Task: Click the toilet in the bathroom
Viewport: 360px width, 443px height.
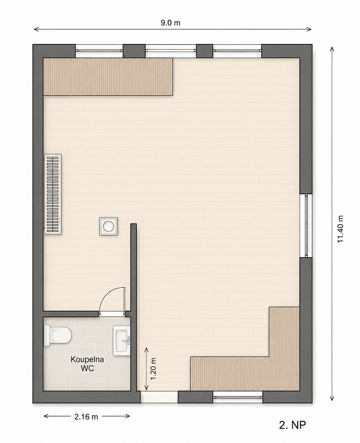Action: (57, 335)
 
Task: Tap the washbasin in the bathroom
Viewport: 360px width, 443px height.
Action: (122, 340)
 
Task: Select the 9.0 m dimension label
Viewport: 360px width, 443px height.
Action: (170, 23)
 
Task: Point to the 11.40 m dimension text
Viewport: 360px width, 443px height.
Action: (340, 229)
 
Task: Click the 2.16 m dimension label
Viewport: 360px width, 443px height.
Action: (86, 416)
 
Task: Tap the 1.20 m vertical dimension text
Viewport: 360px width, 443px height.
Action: (153, 369)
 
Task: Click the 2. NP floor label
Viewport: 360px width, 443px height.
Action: (292, 424)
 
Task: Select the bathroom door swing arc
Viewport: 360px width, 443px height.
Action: (107, 294)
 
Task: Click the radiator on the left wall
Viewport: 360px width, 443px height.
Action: (53, 194)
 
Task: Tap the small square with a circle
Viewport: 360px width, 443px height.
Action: (109, 227)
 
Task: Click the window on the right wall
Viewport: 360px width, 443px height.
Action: (306, 226)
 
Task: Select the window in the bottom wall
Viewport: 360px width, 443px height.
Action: (238, 397)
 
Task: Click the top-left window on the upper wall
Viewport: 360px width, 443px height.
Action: (99, 51)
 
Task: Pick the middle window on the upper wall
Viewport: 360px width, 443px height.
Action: (171, 51)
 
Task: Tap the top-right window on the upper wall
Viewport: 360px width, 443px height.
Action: (237, 51)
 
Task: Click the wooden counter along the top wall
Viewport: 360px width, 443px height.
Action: (108, 77)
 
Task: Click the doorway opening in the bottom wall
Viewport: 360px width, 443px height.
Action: (159, 397)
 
